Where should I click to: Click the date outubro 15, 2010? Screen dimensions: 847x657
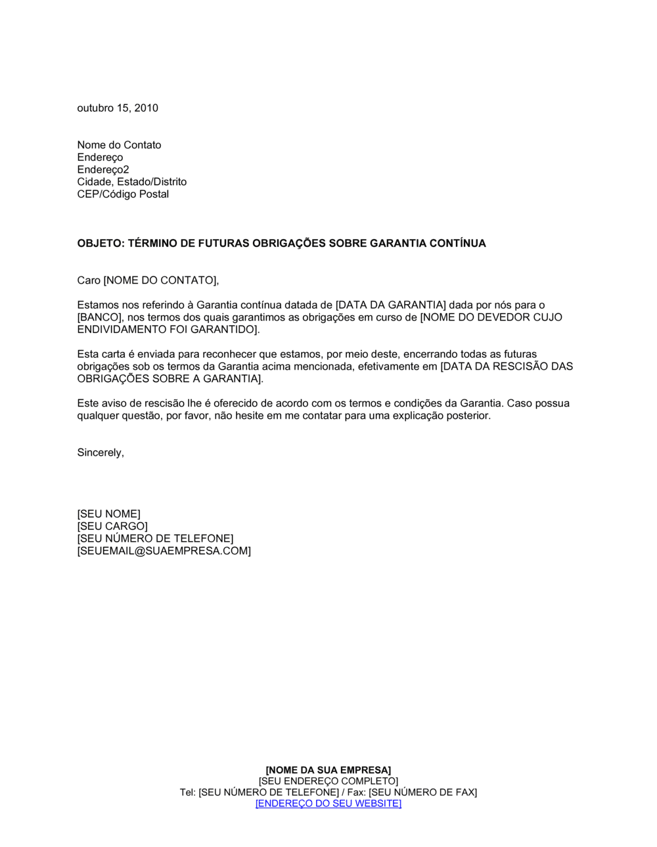pos(118,108)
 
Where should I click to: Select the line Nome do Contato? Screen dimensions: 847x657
pos(119,145)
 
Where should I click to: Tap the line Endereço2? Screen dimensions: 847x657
pos(103,169)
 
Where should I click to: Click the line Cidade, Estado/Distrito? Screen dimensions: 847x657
pos(131,182)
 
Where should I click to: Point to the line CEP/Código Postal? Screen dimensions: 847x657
pos(123,194)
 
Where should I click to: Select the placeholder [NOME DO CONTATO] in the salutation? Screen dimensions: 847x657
pos(160,281)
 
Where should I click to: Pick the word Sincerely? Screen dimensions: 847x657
pos(99,453)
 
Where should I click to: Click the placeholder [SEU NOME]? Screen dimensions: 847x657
pos(108,514)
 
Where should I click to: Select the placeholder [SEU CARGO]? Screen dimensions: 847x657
pos(112,527)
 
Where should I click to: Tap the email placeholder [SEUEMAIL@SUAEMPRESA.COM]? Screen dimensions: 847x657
pos(164,551)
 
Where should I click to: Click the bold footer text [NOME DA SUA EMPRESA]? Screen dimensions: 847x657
pos(328,770)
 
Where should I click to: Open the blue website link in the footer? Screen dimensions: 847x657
pos(328,804)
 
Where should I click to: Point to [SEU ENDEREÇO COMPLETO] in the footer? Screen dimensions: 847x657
pos(328,781)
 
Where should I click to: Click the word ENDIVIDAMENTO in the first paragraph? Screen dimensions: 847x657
pos(122,330)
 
